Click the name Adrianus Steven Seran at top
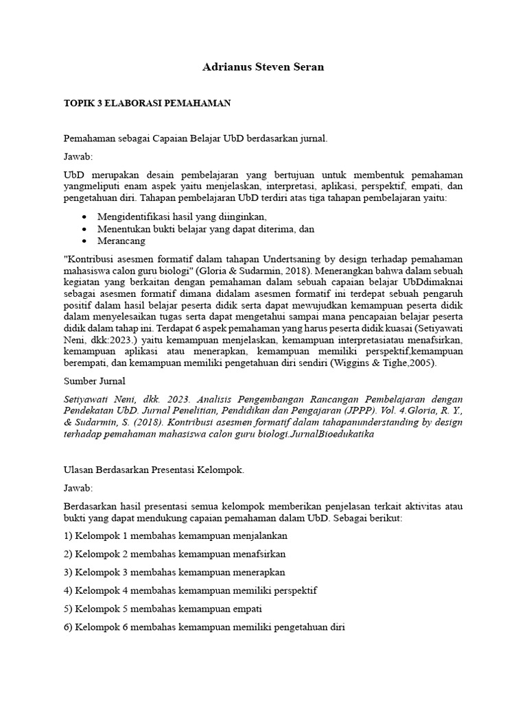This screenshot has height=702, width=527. click(263, 67)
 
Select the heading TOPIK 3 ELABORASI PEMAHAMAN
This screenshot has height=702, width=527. click(147, 103)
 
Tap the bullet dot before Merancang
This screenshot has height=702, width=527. click(83, 241)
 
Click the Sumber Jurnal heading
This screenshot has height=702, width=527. click(95, 381)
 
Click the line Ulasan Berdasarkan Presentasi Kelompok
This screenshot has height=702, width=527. click(154, 470)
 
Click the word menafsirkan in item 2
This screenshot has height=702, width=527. click(253, 554)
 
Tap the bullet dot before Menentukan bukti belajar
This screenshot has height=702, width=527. click(83, 229)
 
